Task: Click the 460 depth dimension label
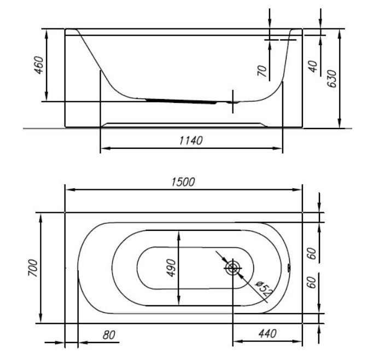pyautogui.click(x=39, y=65)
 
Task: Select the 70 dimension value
pyautogui.click(x=263, y=71)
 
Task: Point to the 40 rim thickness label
pyautogui.click(x=313, y=67)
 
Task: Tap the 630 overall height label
pyautogui.click(x=331, y=79)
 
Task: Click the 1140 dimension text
pyautogui.click(x=191, y=141)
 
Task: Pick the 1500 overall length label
pyautogui.click(x=183, y=182)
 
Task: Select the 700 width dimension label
pyautogui.click(x=33, y=268)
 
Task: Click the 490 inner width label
pyautogui.click(x=171, y=268)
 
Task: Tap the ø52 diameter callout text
pyautogui.click(x=264, y=289)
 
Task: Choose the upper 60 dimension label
pyautogui.click(x=312, y=253)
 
